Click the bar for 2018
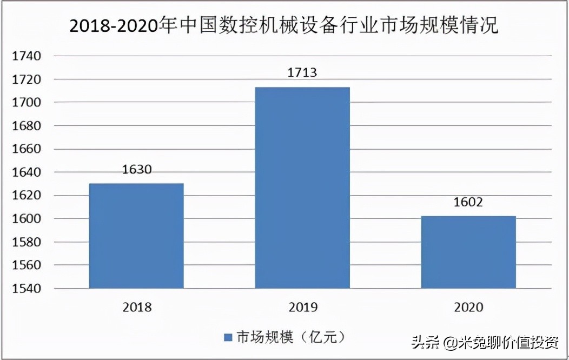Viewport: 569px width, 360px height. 136,236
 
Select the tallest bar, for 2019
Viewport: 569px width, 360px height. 302,188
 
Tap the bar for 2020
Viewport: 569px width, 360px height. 468,252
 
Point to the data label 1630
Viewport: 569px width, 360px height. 136,169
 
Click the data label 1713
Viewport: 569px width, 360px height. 302,73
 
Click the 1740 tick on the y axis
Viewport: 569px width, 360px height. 25,56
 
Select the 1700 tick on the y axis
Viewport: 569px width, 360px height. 25,103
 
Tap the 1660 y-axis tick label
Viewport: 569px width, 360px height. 25,149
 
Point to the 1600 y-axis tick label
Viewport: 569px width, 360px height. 25,219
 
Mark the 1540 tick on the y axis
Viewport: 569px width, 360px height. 25,289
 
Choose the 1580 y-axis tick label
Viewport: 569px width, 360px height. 25,242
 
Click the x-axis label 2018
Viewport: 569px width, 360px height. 137,308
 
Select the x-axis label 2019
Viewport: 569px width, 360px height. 303,308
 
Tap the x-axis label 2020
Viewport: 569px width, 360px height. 468,308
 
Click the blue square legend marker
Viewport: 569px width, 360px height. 228,337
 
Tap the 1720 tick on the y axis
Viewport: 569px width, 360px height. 25,79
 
